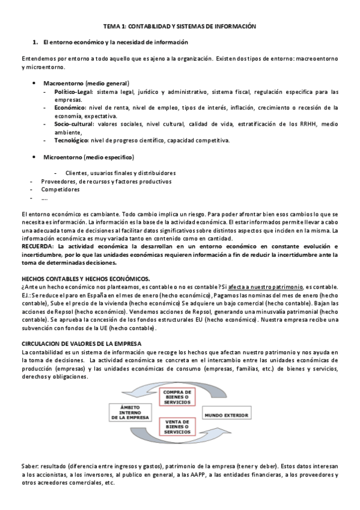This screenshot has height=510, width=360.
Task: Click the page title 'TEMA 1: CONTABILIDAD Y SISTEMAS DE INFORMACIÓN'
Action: [x=179, y=27]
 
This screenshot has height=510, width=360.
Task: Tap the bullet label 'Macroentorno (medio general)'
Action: [x=87, y=83]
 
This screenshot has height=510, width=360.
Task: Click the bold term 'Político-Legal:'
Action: [x=73, y=92]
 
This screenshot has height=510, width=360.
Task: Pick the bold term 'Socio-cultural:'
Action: [x=74, y=124]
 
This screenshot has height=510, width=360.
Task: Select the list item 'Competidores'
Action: [x=60, y=189]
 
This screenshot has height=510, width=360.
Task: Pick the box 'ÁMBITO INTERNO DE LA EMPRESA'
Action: [x=129, y=413]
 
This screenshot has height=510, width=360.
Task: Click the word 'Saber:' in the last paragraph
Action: [x=31, y=467]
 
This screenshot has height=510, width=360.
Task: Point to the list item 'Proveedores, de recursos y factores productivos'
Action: [x=106, y=181]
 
